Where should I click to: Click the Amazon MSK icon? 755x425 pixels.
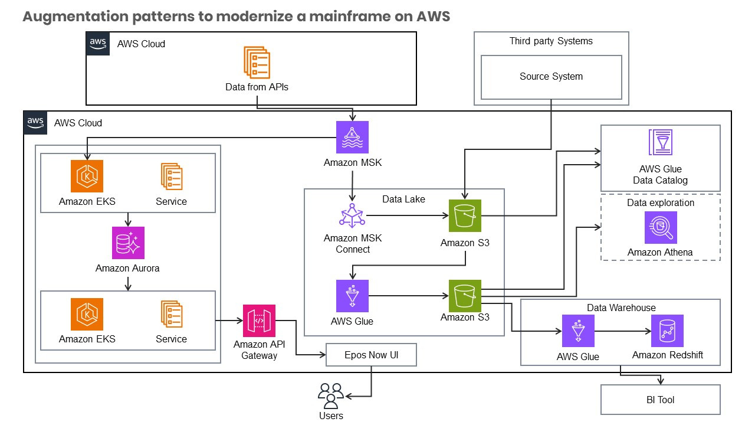(x=352, y=138)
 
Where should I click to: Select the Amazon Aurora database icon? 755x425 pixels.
(x=128, y=243)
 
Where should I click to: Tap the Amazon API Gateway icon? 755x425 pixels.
(x=259, y=321)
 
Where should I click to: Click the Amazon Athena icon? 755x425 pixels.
(x=661, y=228)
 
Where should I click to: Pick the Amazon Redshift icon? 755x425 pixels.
(x=667, y=331)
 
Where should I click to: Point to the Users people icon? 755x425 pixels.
(x=330, y=395)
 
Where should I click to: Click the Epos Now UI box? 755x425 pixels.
(x=372, y=355)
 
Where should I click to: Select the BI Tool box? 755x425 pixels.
(x=660, y=400)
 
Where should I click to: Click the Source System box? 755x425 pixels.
(x=551, y=77)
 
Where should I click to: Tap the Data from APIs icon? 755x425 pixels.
(x=257, y=62)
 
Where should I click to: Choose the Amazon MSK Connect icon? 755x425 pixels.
(x=352, y=215)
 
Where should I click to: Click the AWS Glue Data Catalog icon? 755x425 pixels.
(x=660, y=142)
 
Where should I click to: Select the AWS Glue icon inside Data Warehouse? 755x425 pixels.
(x=577, y=331)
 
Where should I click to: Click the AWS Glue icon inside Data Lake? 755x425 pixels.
(x=352, y=296)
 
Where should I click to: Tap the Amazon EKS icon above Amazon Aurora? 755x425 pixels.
(x=87, y=176)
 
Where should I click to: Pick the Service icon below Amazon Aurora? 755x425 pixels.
(x=171, y=314)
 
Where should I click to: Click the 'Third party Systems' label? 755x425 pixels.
(x=551, y=41)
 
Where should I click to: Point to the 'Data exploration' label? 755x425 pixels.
(x=660, y=202)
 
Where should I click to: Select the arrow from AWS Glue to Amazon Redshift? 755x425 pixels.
(x=622, y=331)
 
